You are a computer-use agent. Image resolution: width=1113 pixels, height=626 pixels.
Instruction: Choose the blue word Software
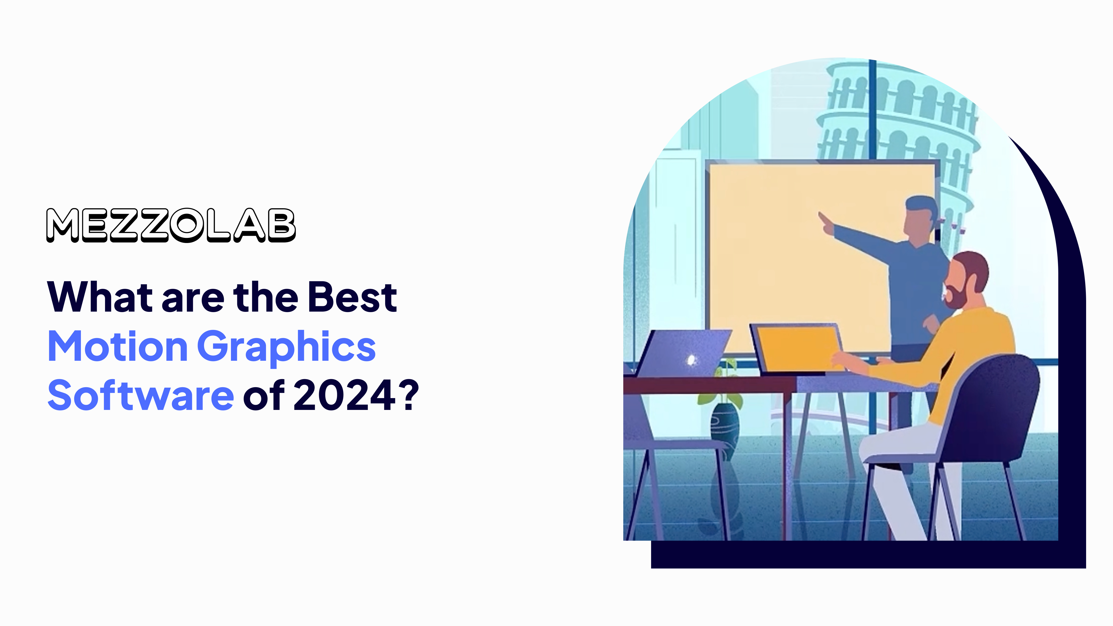pos(141,396)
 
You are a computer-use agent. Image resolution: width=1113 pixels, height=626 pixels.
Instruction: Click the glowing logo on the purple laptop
pos(691,359)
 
